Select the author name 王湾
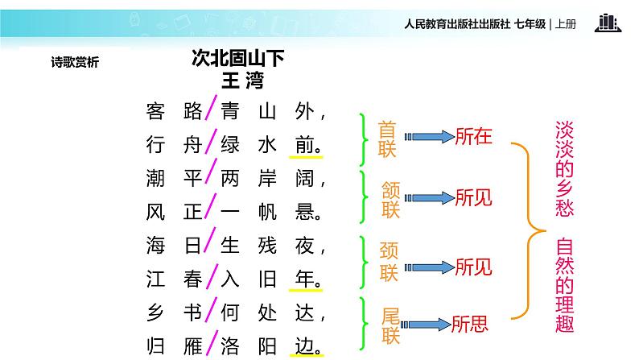242,81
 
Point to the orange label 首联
389,138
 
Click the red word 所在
473,136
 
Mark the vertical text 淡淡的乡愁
564,168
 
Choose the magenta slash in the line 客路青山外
209,109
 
